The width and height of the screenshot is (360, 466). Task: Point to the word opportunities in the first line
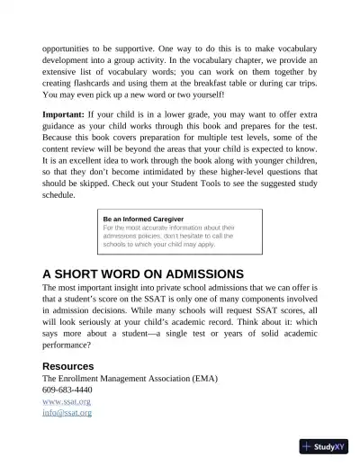click(73, 42)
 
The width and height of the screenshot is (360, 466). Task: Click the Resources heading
click(68, 366)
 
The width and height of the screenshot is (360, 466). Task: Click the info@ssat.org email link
click(67, 414)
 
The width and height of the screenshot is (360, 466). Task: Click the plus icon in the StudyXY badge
click(309, 445)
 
